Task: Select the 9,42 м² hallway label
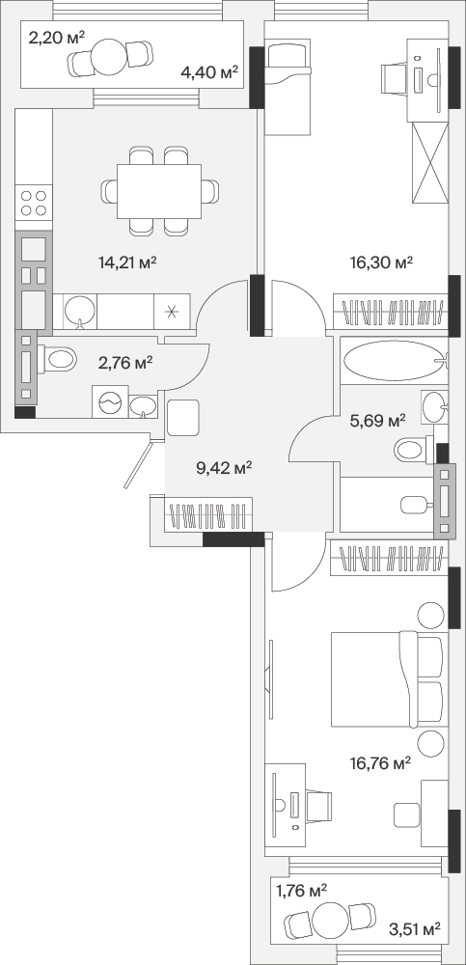tap(224, 469)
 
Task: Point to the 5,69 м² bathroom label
tap(377, 421)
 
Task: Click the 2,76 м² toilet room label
tap(125, 363)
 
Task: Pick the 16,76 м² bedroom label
tap(380, 764)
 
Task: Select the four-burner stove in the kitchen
tap(34, 203)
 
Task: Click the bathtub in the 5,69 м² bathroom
tap(393, 363)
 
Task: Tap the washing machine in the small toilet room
tap(110, 401)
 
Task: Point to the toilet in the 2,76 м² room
tap(57, 359)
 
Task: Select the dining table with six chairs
tap(159, 191)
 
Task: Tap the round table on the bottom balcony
tap(331, 920)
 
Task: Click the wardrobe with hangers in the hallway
tap(208, 514)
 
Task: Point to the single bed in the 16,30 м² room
tap(288, 86)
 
